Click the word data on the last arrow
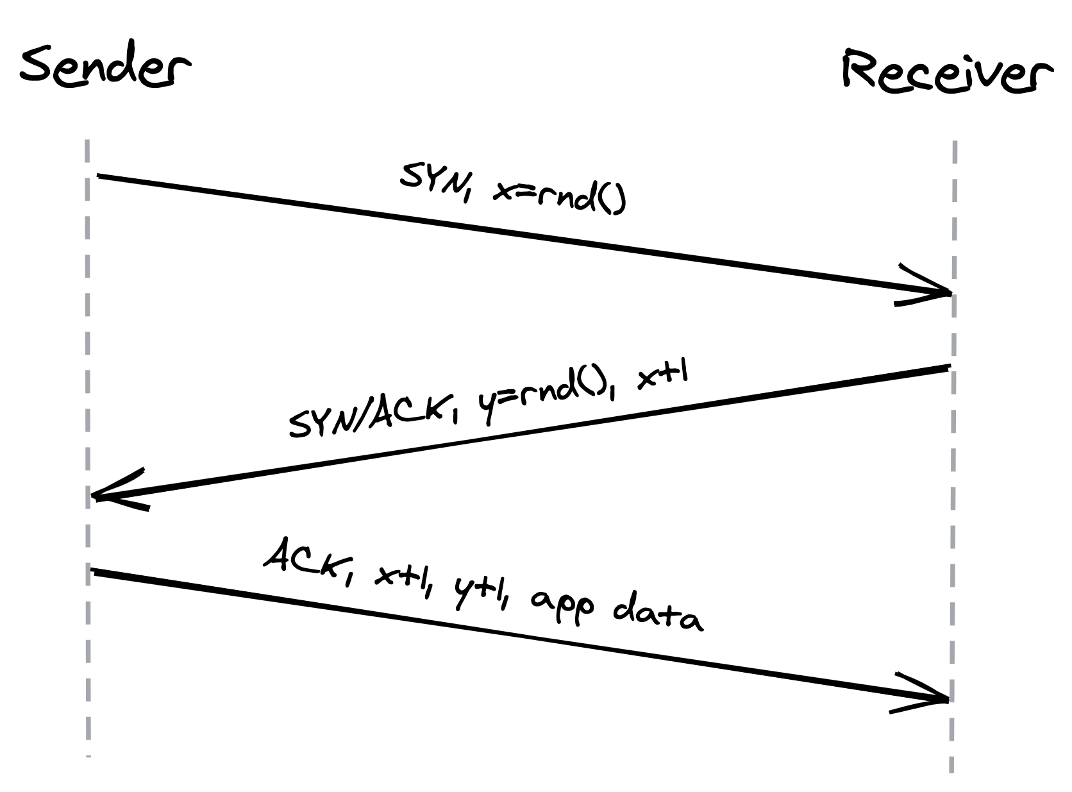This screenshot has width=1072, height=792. (657, 616)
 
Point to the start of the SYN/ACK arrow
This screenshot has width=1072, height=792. (948, 367)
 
